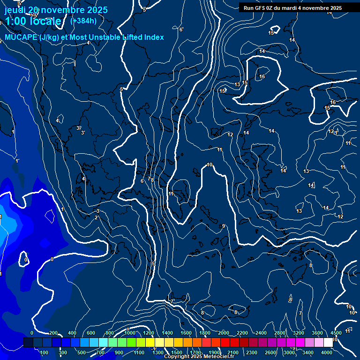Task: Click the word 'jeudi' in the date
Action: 15,10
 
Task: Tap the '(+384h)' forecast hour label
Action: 83,21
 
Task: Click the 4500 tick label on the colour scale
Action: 336,333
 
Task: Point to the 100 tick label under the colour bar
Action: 45,352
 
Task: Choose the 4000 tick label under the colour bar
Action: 327,352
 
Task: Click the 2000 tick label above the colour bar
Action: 223,333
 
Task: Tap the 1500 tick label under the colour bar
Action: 177,352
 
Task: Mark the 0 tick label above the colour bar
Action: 32,333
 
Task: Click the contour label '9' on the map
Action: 224,226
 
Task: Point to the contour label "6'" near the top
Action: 181,30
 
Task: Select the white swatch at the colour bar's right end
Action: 328,343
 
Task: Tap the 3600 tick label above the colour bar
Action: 317,333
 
